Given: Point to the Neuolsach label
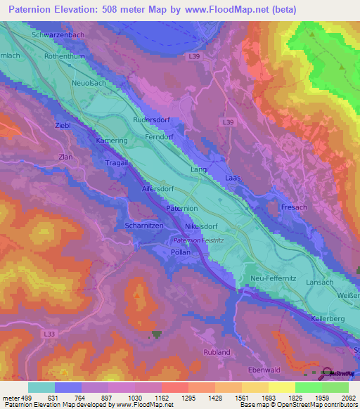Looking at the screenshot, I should click(x=89, y=83).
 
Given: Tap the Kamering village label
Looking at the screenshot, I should click(x=112, y=141).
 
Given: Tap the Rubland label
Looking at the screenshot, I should click(x=216, y=351).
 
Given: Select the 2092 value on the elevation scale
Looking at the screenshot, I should click(x=346, y=398).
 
